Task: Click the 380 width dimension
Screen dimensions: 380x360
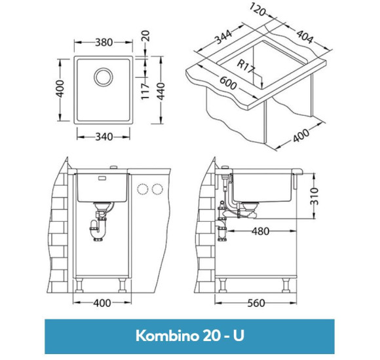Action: coord(104,43)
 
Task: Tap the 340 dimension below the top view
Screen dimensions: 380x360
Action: coord(104,137)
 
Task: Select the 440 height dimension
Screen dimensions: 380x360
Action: coord(161,91)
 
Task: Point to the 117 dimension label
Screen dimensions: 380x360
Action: coord(145,92)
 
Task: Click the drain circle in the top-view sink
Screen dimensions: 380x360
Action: coord(104,77)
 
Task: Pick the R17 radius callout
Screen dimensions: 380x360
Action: coord(245,66)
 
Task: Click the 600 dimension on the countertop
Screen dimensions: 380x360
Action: coord(228,82)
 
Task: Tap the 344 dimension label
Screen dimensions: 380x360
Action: coord(223,37)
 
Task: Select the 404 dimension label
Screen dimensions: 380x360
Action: coord(305,37)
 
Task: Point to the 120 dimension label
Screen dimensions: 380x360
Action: coord(257,10)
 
